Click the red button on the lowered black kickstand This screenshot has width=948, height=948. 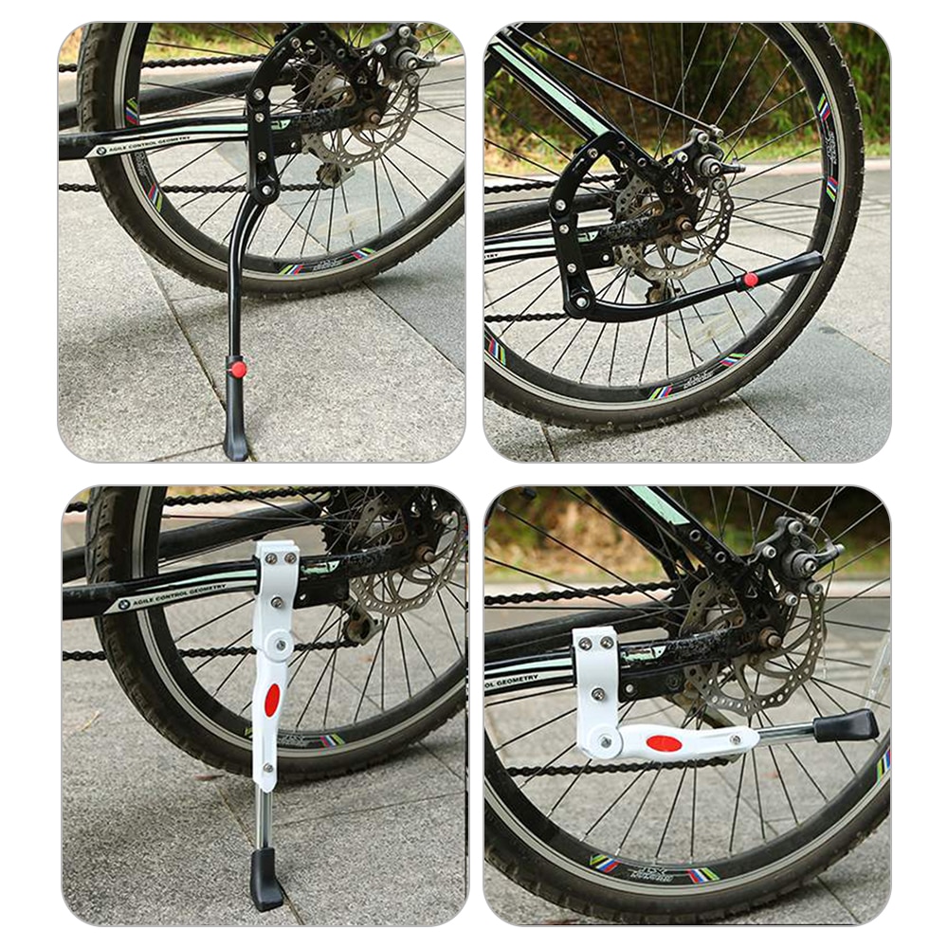(238, 369)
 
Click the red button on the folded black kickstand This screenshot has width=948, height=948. (751, 280)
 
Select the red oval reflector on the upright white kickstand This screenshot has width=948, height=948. (272, 700)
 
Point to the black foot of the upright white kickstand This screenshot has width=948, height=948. (266, 880)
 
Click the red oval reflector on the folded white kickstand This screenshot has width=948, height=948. (664, 743)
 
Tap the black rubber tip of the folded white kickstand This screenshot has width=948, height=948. (846, 726)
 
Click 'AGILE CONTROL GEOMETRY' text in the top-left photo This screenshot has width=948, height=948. (152, 141)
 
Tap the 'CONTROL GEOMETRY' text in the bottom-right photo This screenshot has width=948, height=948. (512, 681)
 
